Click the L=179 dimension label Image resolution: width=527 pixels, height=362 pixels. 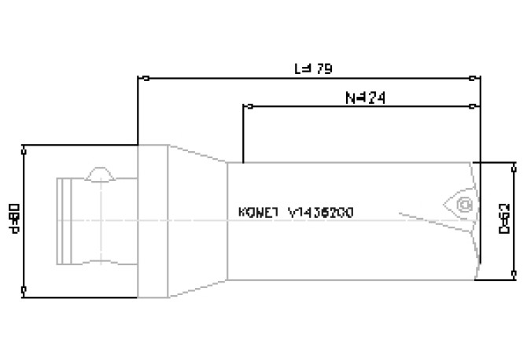point(313,68)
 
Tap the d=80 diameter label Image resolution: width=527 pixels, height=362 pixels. point(13,219)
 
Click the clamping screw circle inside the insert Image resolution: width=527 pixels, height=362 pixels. point(464,206)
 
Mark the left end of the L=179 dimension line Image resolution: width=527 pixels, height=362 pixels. point(139,78)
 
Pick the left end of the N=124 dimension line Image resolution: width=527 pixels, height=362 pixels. point(245,105)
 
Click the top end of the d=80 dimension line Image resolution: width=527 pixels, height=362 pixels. point(26,147)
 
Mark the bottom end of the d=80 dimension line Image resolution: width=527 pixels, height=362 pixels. point(26,289)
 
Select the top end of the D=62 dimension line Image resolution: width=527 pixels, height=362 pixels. point(514,164)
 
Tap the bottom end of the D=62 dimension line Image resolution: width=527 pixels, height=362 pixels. point(514,275)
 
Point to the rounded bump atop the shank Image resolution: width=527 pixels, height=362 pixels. point(101,172)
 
